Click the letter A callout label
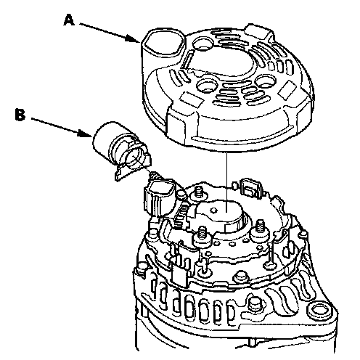coord(69,20)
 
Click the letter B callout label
coord(20,114)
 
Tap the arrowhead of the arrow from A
coord(133,39)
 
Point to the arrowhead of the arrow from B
coord(86,134)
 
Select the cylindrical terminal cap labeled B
coord(121,150)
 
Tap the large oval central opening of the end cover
coord(224,63)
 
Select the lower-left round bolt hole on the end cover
coord(207,86)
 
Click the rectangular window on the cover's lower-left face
coord(192,99)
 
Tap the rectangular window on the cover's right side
coord(287,88)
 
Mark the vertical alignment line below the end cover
coord(226,181)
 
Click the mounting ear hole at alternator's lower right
coord(319,311)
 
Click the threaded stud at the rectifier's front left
coord(202,235)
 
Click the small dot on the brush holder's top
coord(213,210)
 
